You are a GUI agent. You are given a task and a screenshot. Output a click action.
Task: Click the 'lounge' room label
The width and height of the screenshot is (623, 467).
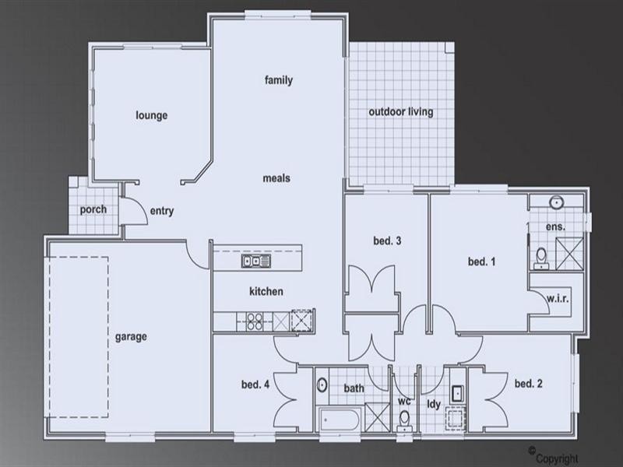(152, 116)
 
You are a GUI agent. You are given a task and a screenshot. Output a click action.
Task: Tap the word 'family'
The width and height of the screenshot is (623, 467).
(278, 80)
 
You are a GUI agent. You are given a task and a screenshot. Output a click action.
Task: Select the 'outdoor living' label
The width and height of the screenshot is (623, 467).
(400, 112)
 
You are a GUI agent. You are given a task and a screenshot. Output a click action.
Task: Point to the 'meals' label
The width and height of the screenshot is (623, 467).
(276, 178)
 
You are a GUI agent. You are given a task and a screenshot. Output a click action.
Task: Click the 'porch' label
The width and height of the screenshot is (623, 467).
(93, 209)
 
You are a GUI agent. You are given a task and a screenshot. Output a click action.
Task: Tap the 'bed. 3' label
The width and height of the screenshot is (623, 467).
(387, 241)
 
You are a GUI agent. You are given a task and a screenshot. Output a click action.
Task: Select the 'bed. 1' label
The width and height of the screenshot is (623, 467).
(481, 262)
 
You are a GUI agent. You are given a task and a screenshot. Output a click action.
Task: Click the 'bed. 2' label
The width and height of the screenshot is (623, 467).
(528, 383)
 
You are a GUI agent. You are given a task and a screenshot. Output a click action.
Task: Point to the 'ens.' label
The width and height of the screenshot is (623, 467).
(554, 226)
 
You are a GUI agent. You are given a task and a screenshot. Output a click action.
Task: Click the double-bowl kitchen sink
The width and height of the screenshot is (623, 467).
(255, 261)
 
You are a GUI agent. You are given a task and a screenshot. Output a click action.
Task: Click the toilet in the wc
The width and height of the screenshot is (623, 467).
(404, 420)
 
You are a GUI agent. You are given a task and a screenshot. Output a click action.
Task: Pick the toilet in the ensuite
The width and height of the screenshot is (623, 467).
(542, 255)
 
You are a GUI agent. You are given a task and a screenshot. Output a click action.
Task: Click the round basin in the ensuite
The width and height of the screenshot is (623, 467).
(556, 203)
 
